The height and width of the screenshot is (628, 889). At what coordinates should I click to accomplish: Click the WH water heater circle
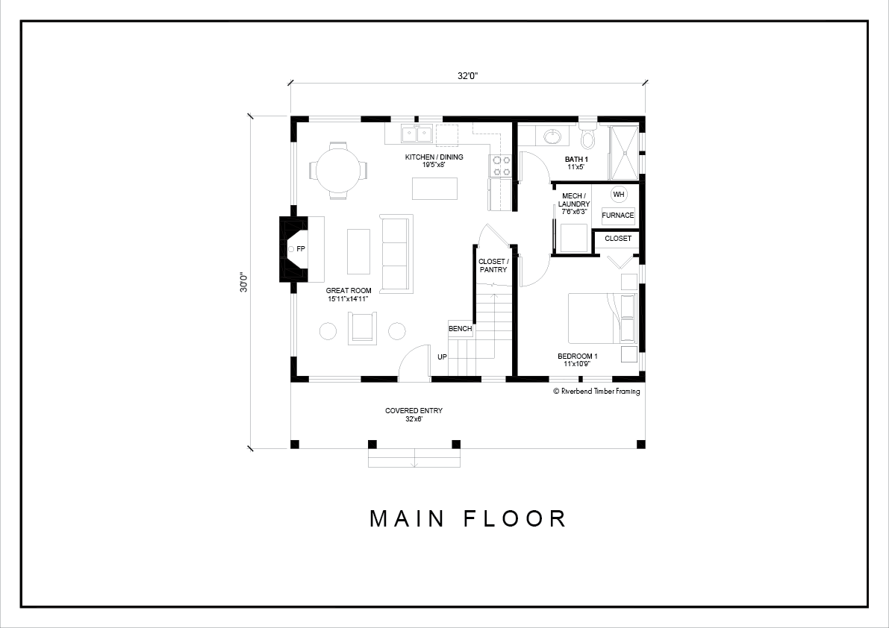(618, 194)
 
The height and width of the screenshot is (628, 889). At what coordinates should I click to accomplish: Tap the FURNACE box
(618, 216)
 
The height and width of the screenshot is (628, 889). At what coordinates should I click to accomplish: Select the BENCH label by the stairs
(461, 329)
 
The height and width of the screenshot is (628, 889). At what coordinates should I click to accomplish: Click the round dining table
(337, 170)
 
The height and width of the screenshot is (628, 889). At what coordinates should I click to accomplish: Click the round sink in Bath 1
(552, 136)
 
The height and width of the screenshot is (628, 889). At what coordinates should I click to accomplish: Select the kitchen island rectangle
(435, 189)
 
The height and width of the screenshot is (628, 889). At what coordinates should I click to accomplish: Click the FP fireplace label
(301, 248)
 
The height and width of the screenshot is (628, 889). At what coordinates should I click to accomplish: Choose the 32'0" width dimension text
(468, 76)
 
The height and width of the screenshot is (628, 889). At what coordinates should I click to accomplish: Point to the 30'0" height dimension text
(244, 283)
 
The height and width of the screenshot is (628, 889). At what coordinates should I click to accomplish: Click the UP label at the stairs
(442, 357)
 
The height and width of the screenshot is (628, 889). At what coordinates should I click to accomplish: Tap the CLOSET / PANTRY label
(493, 266)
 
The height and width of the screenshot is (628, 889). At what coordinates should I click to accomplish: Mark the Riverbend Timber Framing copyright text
(596, 392)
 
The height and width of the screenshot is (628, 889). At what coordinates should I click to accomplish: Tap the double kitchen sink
(417, 135)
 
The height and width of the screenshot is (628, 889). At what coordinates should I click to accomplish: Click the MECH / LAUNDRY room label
(574, 204)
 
